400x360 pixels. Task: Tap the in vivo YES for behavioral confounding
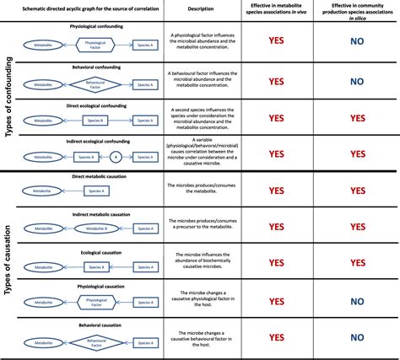click(275, 82)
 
